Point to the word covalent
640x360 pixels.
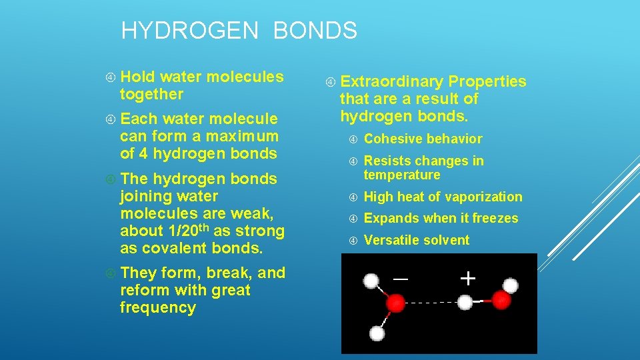point(173,248)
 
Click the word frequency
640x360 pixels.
point(157,308)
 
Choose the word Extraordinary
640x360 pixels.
point(391,82)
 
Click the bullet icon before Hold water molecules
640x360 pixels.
point(110,77)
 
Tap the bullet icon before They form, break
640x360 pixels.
point(110,273)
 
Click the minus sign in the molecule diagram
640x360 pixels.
point(401,279)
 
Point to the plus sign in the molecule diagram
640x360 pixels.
point(469,278)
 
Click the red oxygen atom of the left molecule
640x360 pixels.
point(395,303)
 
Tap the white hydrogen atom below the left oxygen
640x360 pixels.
point(377,333)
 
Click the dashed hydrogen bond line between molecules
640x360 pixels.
point(431,303)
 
